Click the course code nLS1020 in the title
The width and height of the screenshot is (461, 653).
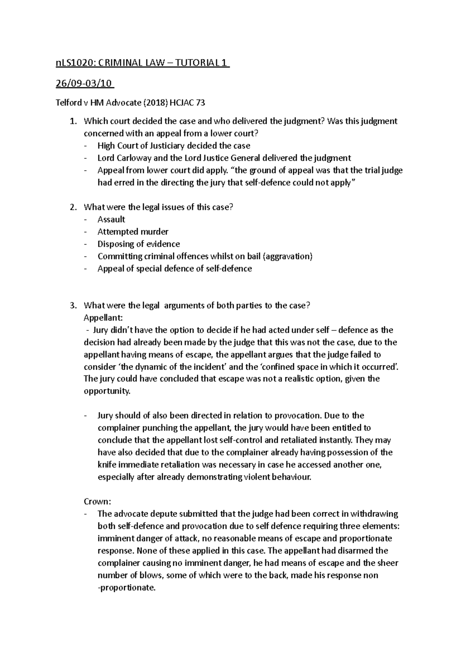click(69, 63)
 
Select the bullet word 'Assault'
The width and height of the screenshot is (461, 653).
click(111, 220)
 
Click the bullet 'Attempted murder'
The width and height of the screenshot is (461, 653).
click(133, 232)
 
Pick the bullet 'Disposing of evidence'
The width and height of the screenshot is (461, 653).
click(139, 244)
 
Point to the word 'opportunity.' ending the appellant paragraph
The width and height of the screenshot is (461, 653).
click(107, 391)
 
